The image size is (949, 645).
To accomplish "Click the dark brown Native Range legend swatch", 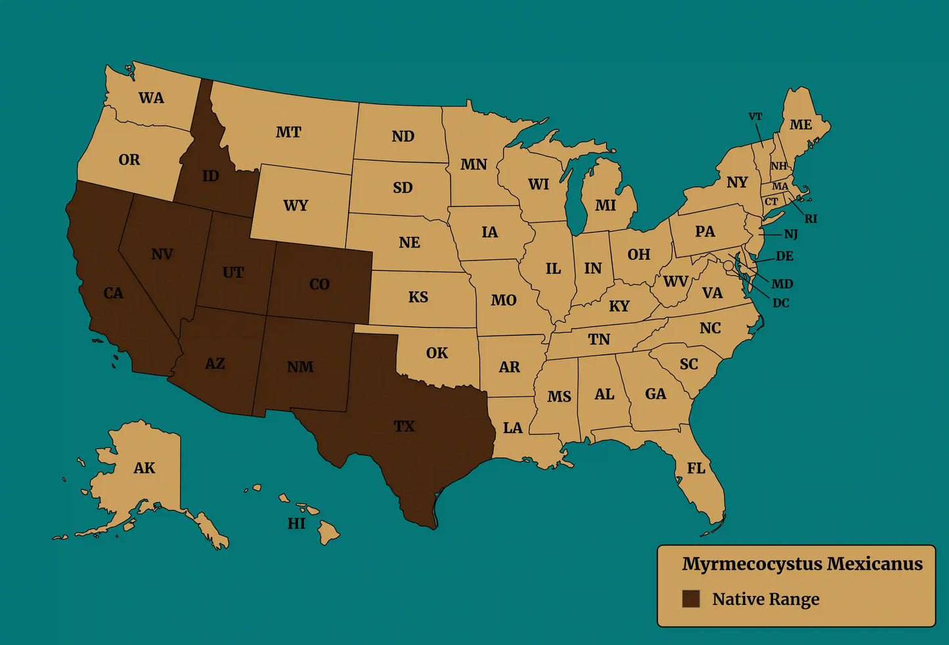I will click(690, 598).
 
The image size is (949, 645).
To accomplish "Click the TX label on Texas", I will click(404, 427).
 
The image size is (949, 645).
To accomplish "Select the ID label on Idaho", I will click(210, 176).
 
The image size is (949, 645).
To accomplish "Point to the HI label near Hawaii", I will click(296, 523).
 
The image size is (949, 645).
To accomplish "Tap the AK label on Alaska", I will click(144, 468).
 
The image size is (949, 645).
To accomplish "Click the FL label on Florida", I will click(696, 468).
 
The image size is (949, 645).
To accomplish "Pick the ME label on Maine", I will click(801, 125).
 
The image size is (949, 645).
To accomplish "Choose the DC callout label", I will click(781, 303).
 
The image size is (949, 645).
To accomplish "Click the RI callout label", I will click(811, 219).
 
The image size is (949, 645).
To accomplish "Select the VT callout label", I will click(755, 117).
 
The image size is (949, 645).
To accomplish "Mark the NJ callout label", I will click(791, 234).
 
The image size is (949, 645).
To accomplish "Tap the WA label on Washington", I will click(151, 98).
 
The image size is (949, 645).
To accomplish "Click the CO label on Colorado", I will click(319, 284).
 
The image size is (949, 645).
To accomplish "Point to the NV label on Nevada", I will click(162, 254).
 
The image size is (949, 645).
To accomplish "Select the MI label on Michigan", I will click(605, 205).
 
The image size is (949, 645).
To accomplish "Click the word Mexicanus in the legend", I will click(874, 564).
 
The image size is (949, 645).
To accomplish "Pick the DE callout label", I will click(784, 256).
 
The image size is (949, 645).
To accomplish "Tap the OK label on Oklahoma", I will click(437, 353).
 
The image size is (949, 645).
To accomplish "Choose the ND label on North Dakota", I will click(403, 136).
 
